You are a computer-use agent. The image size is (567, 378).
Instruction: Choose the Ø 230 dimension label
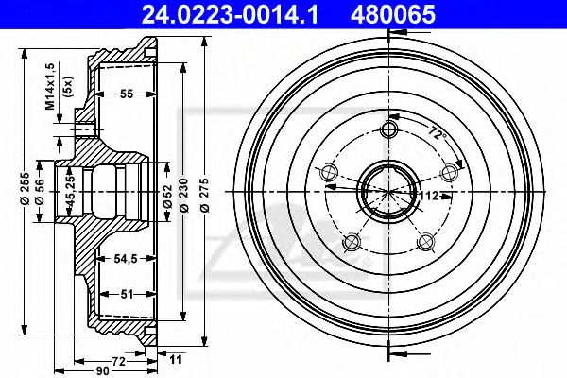tap(186, 193)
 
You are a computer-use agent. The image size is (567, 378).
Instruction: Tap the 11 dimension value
tap(174, 360)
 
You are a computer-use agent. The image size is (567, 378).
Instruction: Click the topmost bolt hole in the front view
tap(387, 129)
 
